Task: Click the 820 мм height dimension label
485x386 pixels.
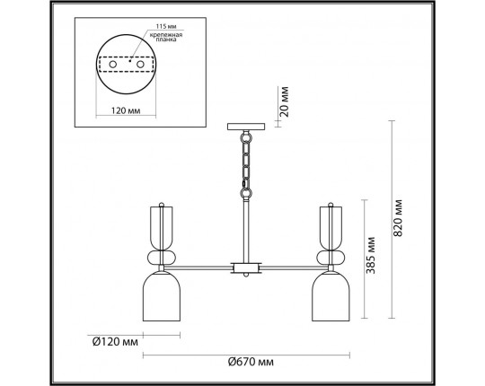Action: click(x=399, y=218)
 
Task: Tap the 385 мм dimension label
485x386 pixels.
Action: click(x=370, y=255)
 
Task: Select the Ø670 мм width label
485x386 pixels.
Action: click(x=251, y=361)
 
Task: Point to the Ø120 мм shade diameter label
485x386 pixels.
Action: click(x=115, y=341)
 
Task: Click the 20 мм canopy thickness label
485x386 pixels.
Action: click(x=284, y=101)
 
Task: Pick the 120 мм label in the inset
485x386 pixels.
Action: click(x=126, y=110)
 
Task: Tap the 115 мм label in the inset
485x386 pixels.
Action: click(x=166, y=27)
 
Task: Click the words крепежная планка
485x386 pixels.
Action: click(x=166, y=37)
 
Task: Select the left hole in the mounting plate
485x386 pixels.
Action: click(x=112, y=65)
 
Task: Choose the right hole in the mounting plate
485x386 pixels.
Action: click(x=140, y=65)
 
